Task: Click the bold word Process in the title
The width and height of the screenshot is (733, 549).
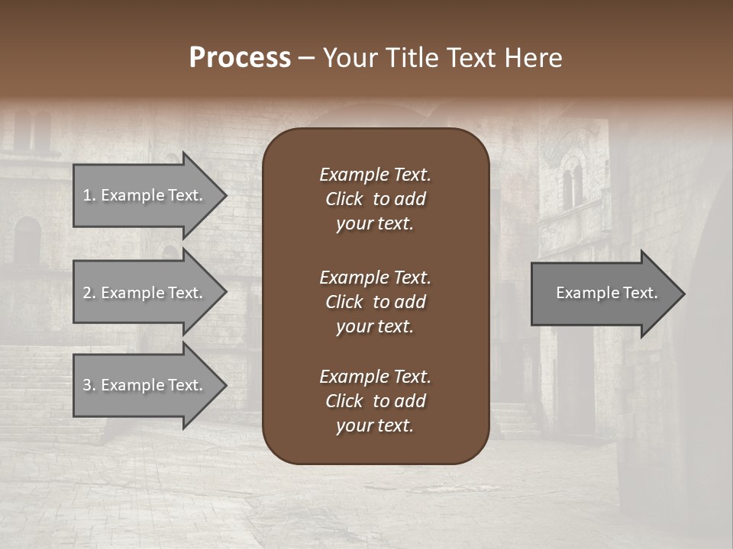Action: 240,58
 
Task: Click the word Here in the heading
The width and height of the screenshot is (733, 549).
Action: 534,58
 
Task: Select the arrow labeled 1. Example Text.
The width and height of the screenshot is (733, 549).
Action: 145,195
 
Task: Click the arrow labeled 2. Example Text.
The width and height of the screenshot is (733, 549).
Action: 145,293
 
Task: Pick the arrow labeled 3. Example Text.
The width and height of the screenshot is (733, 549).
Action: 145,385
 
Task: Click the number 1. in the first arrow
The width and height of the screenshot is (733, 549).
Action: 89,195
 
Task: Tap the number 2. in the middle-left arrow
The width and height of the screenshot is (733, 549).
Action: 89,293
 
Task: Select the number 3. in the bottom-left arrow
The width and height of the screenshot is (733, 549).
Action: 89,385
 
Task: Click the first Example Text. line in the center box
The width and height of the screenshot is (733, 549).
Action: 375,175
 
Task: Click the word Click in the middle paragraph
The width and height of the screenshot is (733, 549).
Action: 344,302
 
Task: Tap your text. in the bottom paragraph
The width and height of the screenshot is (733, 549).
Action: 375,425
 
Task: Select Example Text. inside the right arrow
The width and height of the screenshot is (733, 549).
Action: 607,293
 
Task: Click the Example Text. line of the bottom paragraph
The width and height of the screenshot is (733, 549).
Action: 375,377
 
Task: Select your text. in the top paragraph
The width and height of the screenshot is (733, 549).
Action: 375,223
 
